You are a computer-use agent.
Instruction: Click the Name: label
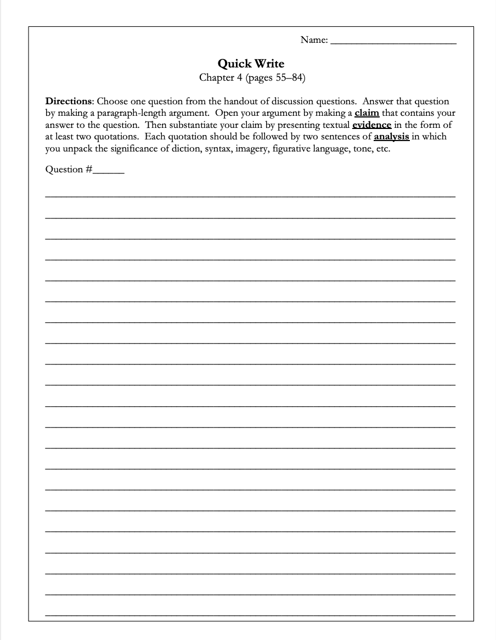click(314, 40)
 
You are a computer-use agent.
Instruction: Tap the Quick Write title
click(251, 64)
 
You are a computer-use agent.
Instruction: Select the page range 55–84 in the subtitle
click(285, 77)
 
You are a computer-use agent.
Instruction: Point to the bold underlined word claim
click(367, 114)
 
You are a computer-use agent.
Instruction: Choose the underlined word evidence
click(371, 125)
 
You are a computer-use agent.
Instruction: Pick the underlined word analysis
click(391, 137)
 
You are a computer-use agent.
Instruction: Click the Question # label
click(69, 170)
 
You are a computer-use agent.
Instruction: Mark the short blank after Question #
click(109, 171)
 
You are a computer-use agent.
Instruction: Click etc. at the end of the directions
click(383, 148)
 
